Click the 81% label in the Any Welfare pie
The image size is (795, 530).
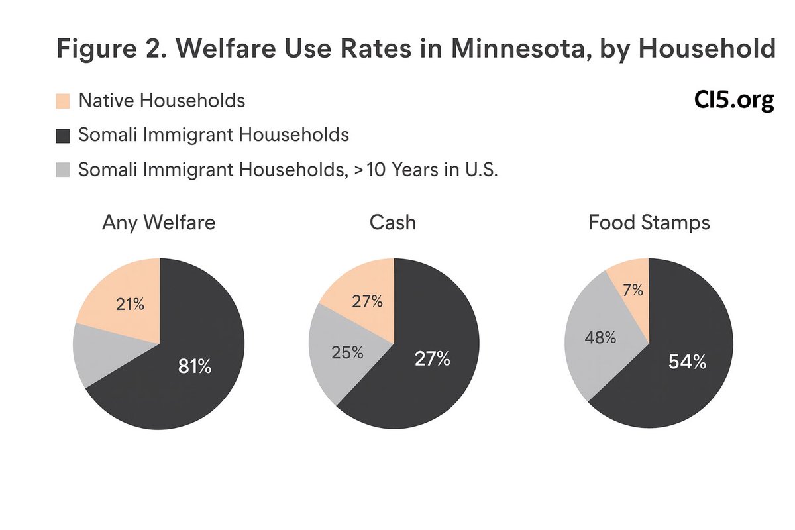tap(195, 366)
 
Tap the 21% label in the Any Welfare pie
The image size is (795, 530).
tap(131, 305)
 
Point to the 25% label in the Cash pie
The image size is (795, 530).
tap(346, 352)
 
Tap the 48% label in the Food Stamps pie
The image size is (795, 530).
tap(600, 337)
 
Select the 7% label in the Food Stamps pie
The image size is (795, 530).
tap(632, 290)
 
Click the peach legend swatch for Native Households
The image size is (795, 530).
tap(62, 101)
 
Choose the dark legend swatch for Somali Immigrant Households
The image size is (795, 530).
tap(62, 136)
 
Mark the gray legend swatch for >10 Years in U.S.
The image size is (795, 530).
tap(62, 170)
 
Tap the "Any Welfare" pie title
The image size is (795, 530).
tap(159, 223)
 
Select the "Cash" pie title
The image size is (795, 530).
tap(393, 223)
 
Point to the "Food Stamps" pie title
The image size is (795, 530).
tap(649, 223)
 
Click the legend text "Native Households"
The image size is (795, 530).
tap(162, 101)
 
